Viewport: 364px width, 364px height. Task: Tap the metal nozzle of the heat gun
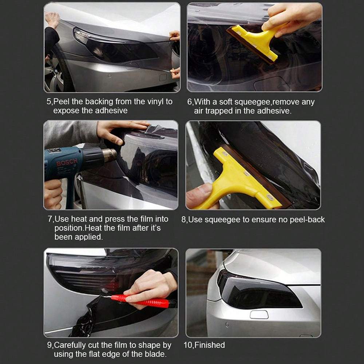[110, 155]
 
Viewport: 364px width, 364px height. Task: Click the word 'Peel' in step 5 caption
[62, 102]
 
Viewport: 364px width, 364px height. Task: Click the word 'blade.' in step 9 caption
[155, 354]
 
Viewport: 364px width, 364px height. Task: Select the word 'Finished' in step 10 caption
[210, 345]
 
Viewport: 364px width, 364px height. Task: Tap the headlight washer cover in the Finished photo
[259, 314]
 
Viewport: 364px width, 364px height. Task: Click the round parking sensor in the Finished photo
[227, 324]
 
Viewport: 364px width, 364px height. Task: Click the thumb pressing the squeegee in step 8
[199, 194]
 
